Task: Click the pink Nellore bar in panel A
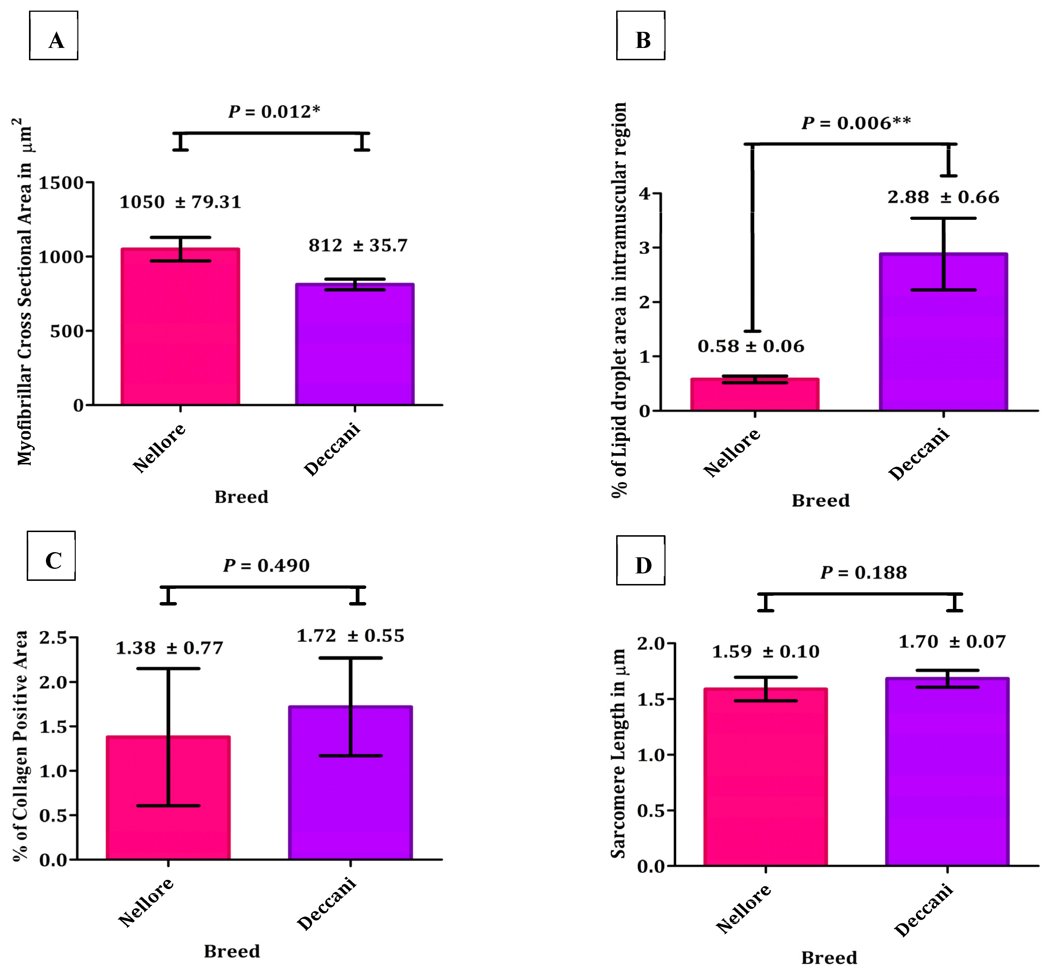click(x=181, y=327)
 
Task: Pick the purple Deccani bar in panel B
click(x=943, y=332)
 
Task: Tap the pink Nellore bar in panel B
click(x=755, y=395)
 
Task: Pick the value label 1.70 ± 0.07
click(x=952, y=642)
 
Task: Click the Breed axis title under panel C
click(x=232, y=951)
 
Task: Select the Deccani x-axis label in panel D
click(x=924, y=910)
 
